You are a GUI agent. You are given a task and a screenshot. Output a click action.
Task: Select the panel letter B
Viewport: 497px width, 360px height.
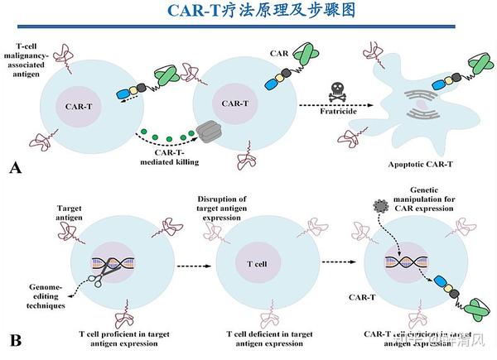point(14,339)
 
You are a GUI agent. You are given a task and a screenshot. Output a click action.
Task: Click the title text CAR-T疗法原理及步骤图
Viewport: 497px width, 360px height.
point(248,12)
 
